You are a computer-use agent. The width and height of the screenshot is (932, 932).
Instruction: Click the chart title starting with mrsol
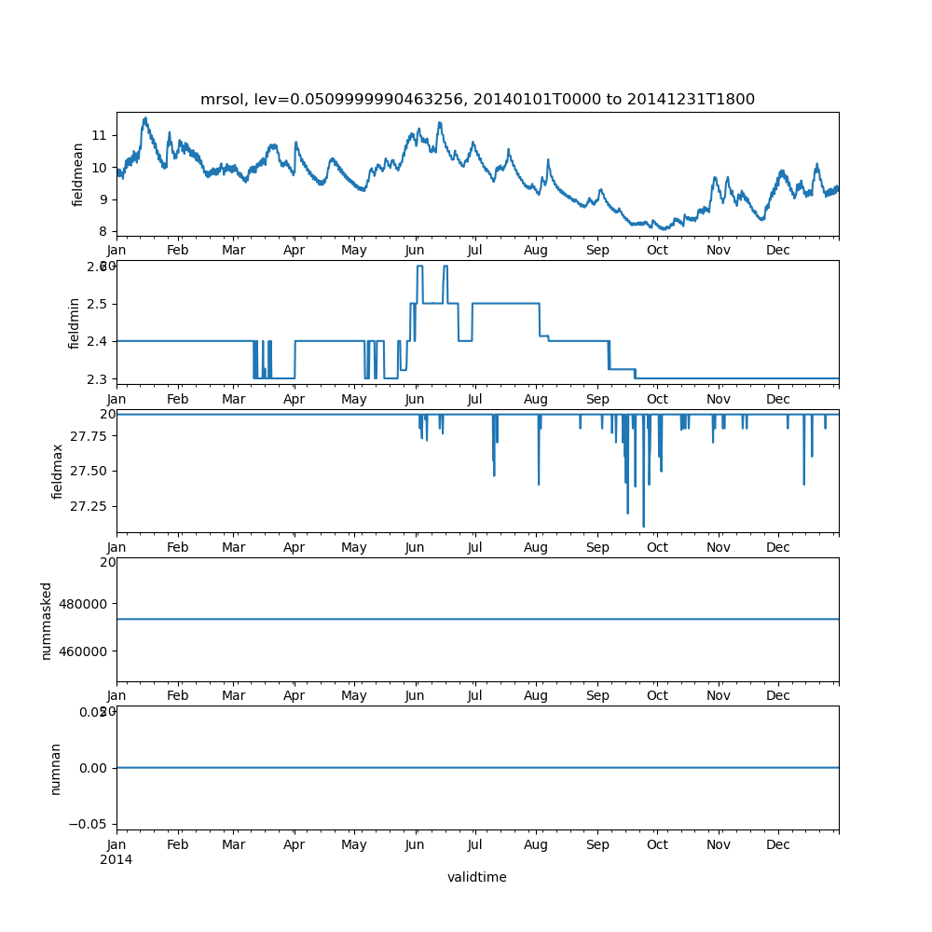477,100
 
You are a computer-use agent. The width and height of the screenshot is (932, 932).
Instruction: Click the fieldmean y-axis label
78,174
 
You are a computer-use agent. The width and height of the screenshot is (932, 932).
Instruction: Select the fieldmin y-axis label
75,322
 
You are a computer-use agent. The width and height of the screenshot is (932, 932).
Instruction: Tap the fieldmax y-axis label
58,471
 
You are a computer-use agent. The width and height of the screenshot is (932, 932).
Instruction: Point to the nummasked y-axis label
47,620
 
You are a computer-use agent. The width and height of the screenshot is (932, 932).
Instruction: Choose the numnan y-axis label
55,768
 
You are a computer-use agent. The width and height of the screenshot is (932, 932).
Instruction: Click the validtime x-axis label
477,877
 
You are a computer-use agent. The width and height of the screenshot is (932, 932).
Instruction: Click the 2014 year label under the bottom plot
116,859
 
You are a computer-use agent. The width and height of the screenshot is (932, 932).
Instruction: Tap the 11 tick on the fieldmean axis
98,136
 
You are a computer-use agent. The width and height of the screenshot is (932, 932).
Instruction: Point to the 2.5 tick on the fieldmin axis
96,304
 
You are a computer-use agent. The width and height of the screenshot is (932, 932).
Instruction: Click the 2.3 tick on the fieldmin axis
96,379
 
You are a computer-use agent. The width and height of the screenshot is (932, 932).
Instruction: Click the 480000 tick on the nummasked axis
83,603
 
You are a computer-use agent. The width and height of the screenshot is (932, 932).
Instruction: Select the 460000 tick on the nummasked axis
83,651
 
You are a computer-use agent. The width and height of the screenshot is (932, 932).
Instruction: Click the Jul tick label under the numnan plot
475,845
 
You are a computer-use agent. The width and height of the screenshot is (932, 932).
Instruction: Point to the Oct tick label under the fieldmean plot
657,251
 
